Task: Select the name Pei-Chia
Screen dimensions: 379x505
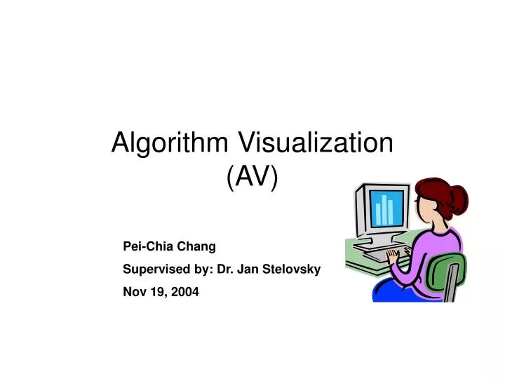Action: pyautogui.click(x=143, y=246)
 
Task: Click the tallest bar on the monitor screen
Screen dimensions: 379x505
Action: pyautogui.click(x=384, y=210)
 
